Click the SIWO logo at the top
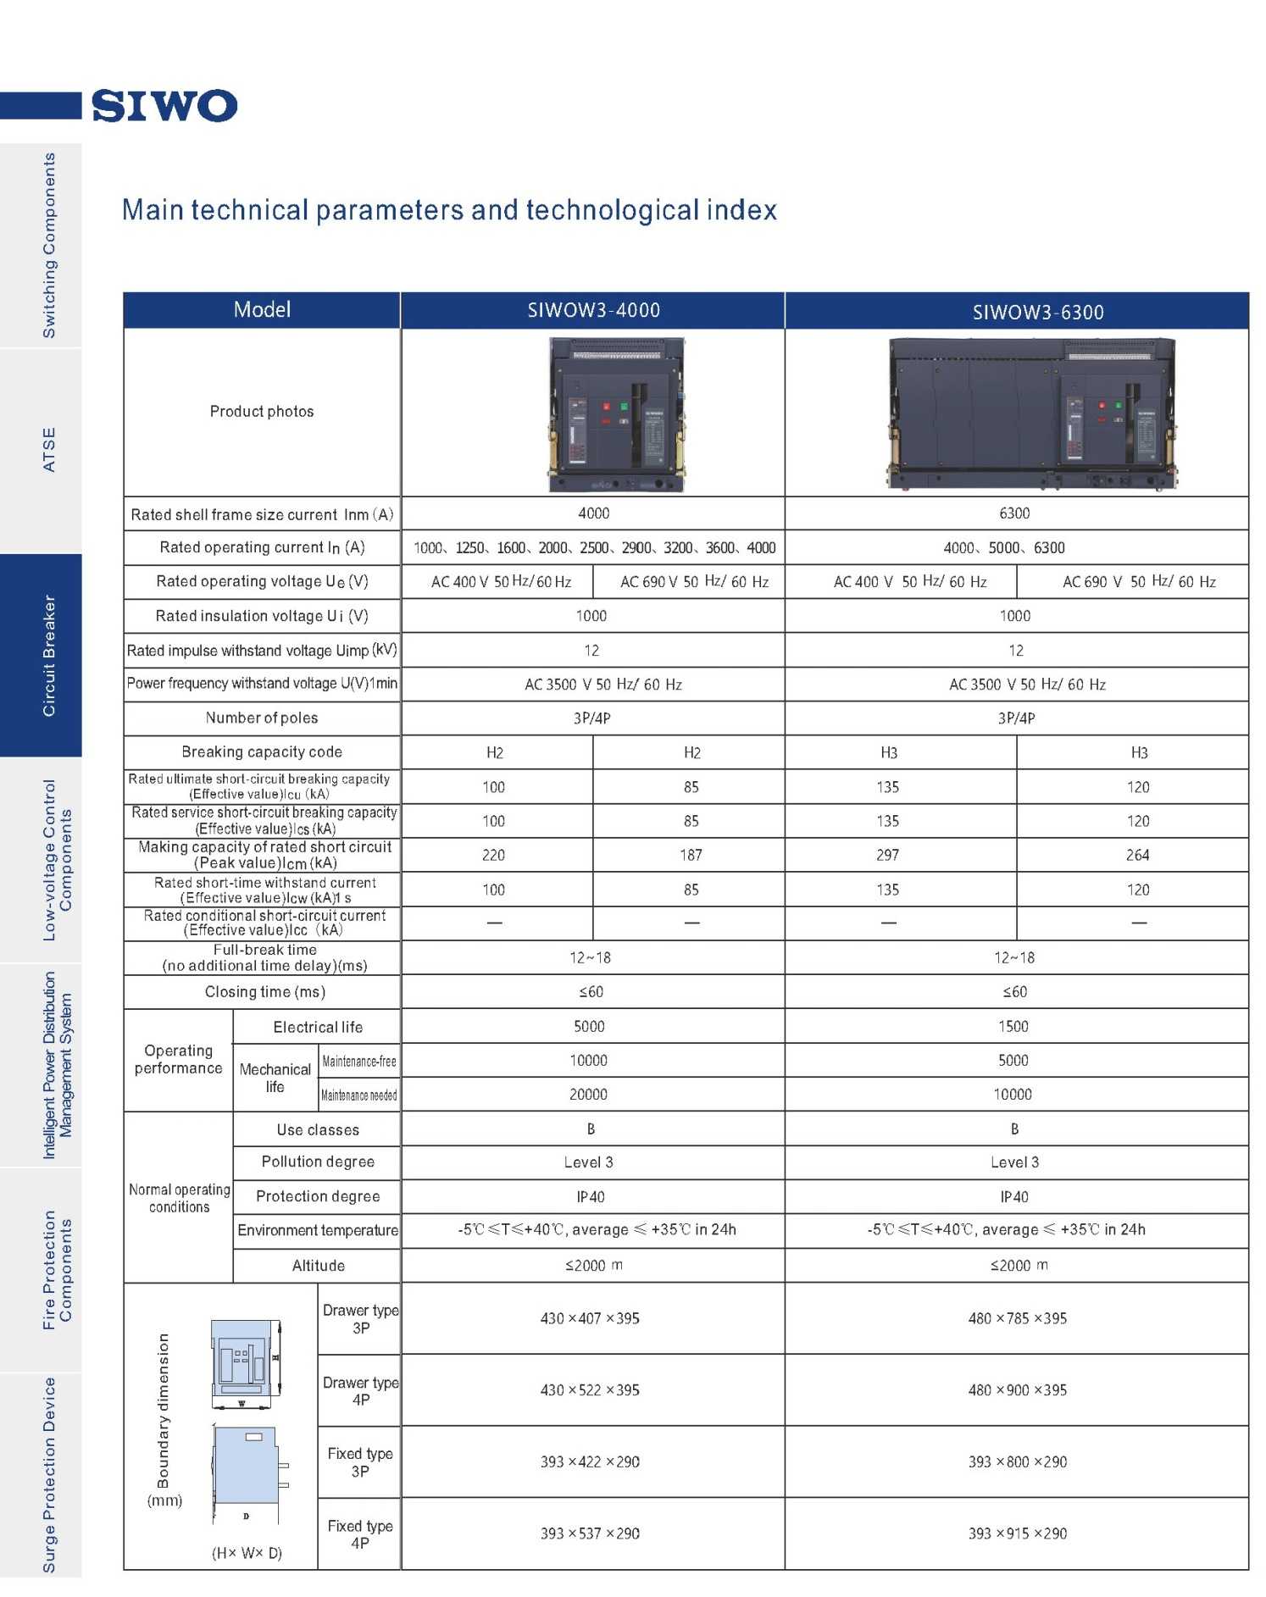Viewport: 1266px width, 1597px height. (164, 106)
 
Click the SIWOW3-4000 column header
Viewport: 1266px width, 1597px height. (593, 310)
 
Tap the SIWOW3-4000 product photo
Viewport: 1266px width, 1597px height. (616, 414)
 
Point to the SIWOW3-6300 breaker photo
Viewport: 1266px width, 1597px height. (1031, 414)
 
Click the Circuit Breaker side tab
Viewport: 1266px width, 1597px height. (48, 655)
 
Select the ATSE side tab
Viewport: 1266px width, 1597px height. (48, 449)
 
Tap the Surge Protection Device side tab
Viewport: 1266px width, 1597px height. (48, 1475)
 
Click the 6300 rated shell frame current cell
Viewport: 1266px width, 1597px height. (1014, 513)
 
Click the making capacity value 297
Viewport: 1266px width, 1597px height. (887, 856)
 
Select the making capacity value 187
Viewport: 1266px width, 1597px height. (691, 856)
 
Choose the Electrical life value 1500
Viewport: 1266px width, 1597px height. (1013, 1027)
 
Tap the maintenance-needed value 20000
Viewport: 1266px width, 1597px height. (588, 1095)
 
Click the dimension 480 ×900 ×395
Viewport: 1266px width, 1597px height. (1017, 1390)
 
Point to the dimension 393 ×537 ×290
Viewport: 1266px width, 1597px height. (590, 1533)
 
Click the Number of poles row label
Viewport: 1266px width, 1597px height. (262, 718)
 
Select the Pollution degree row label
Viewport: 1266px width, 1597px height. (318, 1162)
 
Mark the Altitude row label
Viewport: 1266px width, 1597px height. (318, 1266)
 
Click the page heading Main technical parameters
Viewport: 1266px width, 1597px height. (449, 210)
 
